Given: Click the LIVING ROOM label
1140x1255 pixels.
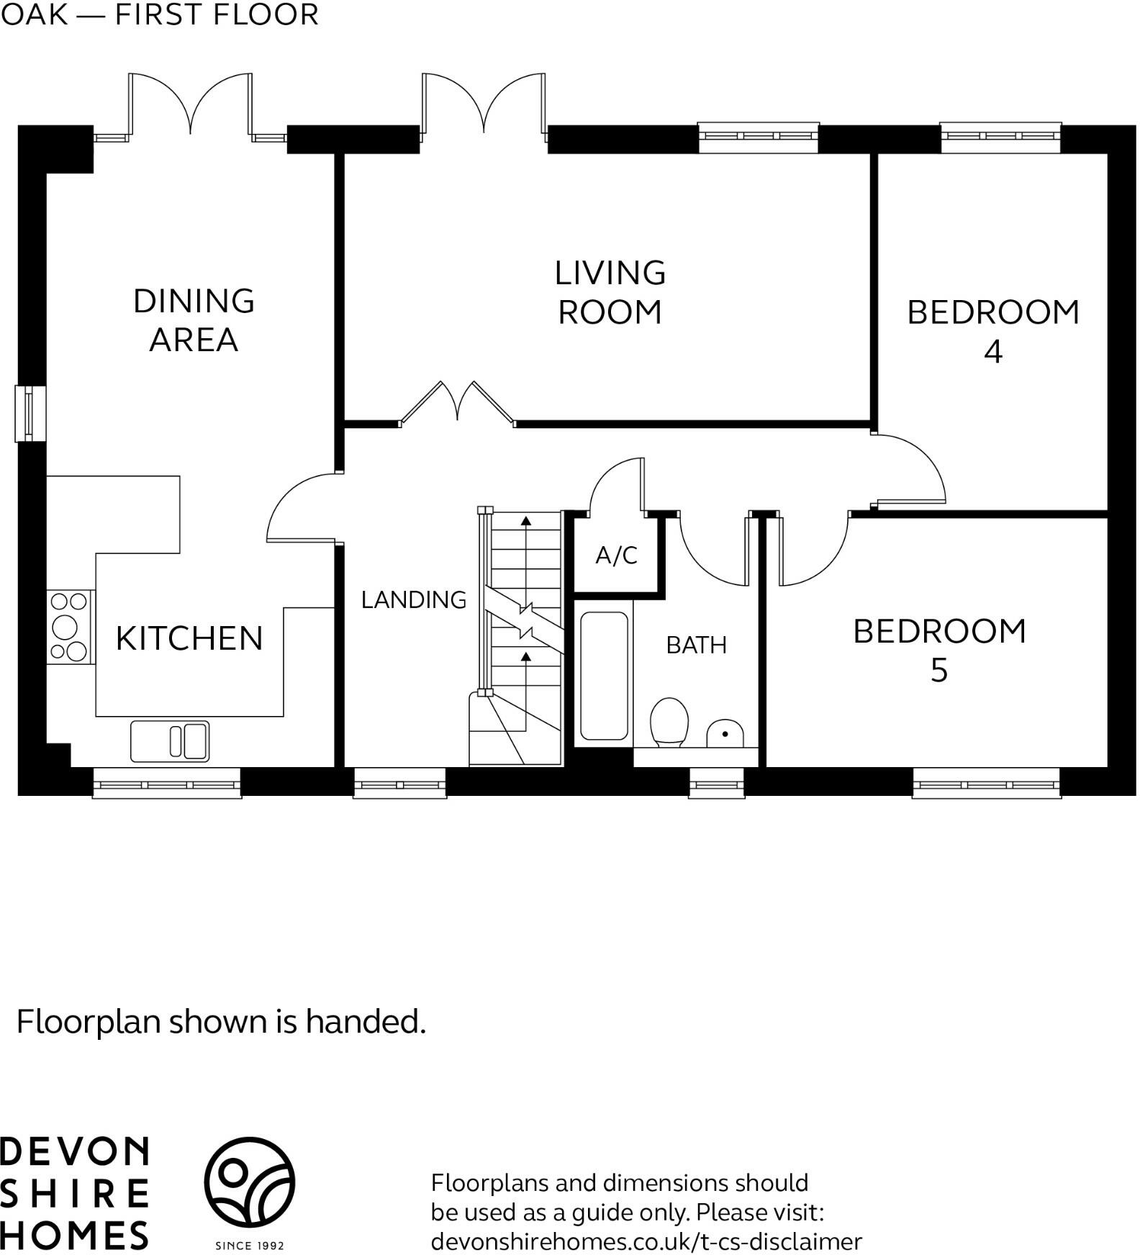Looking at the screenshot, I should pyautogui.click(x=610, y=292).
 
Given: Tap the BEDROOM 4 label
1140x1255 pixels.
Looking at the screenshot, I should pyautogui.click(x=992, y=331).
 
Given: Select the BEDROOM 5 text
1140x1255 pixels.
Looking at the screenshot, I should pyautogui.click(x=938, y=650).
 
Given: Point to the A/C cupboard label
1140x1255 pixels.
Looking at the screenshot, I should pyautogui.click(x=616, y=555).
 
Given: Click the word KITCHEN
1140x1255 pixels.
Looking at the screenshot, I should pyautogui.click(x=189, y=638).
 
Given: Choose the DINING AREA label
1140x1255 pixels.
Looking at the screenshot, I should pyautogui.click(x=194, y=320).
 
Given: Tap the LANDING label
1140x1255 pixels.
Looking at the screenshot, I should pyautogui.click(x=413, y=599).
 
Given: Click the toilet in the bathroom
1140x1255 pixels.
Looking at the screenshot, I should pyautogui.click(x=669, y=722).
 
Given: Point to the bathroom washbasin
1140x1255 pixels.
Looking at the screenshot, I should pyautogui.click(x=724, y=733).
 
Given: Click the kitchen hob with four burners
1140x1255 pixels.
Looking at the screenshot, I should pyautogui.click(x=70, y=627).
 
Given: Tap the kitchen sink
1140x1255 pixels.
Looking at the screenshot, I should pyautogui.click(x=170, y=741).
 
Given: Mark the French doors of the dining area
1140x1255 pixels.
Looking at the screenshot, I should pyautogui.click(x=190, y=104).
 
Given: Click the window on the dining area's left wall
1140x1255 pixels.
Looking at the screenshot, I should pyautogui.click(x=30, y=413).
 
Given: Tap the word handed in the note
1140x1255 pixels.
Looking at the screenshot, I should pyautogui.click(x=364, y=1021).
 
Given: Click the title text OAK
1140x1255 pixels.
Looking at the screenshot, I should pyautogui.click(x=34, y=15).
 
